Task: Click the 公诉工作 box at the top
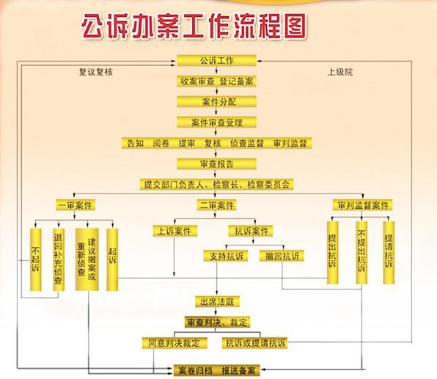coord(216,60)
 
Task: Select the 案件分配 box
coord(216,102)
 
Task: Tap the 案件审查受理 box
coord(216,122)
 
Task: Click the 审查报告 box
coord(216,164)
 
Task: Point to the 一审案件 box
coord(76,205)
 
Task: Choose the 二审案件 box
coord(216,205)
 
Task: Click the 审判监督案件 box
coord(363,205)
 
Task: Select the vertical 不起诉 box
coord(36,260)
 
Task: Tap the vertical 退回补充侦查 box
coord(59,260)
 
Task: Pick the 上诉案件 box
coord(175,231)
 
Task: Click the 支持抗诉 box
coord(226,256)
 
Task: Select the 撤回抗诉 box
coord(282,256)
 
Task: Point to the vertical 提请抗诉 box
coord(389,253)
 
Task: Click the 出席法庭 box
coord(217,301)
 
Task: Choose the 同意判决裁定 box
coord(175,343)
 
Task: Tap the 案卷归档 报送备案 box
coord(216,371)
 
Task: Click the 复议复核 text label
coord(96,72)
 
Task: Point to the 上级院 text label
coord(340,72)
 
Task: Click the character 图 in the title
coord(295,26)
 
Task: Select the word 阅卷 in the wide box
coord(161,143)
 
